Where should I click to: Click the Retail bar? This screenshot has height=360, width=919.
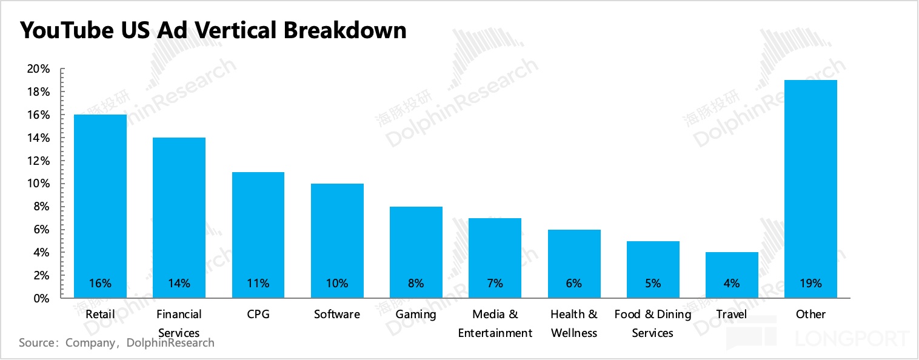100,206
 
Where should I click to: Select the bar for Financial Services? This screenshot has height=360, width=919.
179,218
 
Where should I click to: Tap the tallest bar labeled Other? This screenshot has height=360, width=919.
810,188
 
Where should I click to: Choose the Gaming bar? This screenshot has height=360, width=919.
416,252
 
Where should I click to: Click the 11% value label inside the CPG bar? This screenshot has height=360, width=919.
258,283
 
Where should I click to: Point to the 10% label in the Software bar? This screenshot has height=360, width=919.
337,283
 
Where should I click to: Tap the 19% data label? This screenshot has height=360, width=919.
810,283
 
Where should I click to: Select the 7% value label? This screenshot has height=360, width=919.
495,283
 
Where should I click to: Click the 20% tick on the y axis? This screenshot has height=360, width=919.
38,69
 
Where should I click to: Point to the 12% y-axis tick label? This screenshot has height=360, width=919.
38,161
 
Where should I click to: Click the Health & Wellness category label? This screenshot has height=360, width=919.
574,324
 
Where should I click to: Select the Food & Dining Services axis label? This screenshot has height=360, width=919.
653,324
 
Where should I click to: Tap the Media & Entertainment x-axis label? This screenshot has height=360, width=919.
495,324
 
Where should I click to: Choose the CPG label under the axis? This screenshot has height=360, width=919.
258,315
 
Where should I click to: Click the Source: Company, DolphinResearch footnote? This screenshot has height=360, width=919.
117,343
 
